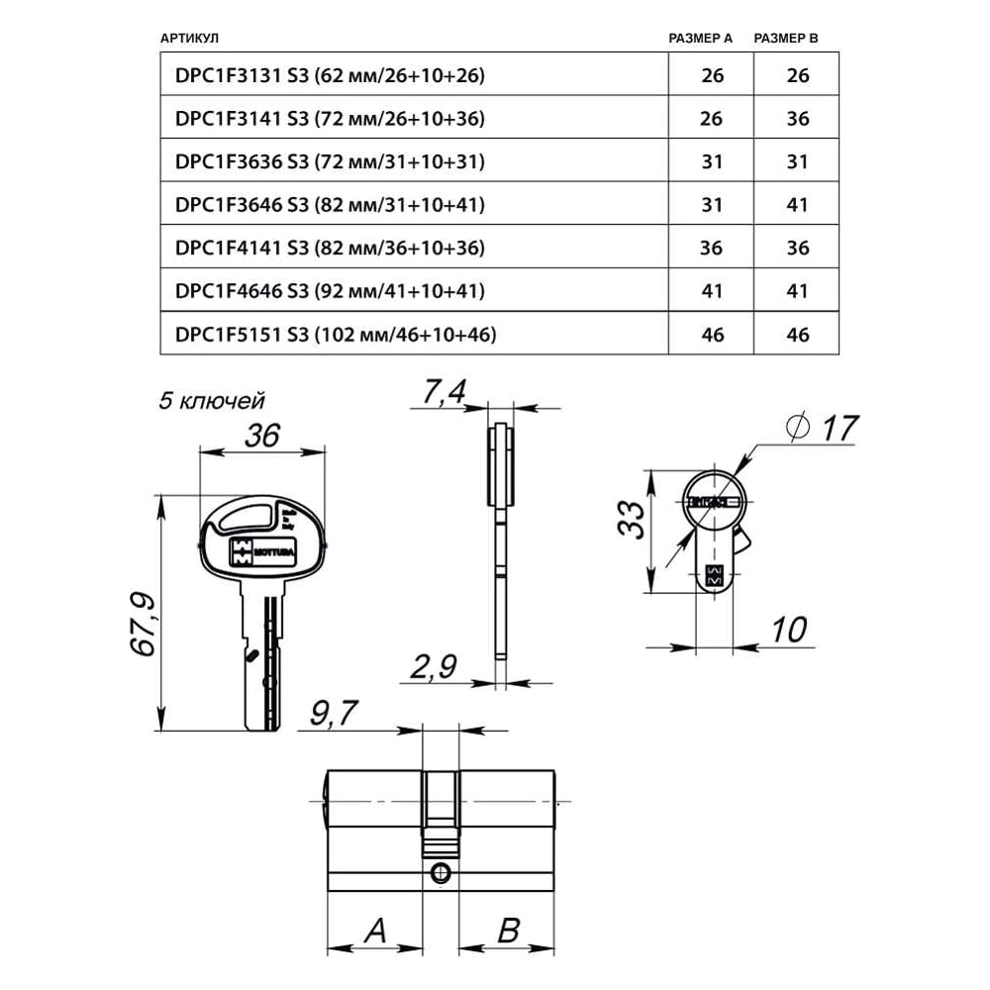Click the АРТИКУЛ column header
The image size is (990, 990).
pos(188,39)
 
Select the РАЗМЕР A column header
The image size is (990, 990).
pos(700,39)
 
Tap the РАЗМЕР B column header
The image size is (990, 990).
pos(786,39)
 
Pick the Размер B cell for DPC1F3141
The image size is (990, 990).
pos(797,119)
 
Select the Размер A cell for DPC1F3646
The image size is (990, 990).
pos(711,205)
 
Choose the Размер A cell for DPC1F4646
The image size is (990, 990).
pos(711,291)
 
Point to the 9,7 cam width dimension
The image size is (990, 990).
pos(333,713)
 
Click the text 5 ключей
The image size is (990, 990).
pos(212,401)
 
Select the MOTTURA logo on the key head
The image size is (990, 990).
pos(256,551)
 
